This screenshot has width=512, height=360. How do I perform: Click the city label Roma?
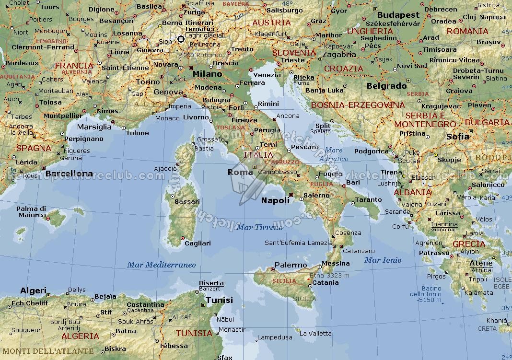pos(240,172)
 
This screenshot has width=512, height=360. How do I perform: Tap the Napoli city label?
pos(275,200)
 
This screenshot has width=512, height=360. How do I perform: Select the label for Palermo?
pos(291,265)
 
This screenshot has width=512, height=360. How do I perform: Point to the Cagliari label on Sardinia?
pos(198,243)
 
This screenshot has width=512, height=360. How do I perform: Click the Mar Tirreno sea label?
pos(260,227)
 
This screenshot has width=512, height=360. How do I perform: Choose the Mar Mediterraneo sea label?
pos(161,265)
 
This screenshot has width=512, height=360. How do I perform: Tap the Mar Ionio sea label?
pos(383,260)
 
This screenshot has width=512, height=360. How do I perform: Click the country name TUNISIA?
pos(194,333)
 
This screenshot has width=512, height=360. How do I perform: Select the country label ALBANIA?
pos(412,192)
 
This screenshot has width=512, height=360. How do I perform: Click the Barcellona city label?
pos(69,174)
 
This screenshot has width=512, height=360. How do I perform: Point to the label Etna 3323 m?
pos(329,275)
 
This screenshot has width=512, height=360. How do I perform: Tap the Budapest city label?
pos(398,15)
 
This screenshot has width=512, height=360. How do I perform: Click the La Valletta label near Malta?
pos(315,333)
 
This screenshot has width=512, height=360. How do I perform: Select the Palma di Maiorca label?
pos(31,211)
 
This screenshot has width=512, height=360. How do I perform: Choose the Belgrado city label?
pos(386,86)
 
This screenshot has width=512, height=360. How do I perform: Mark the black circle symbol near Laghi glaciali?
pos(181,39)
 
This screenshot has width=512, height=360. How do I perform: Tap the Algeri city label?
pos(33,290)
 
